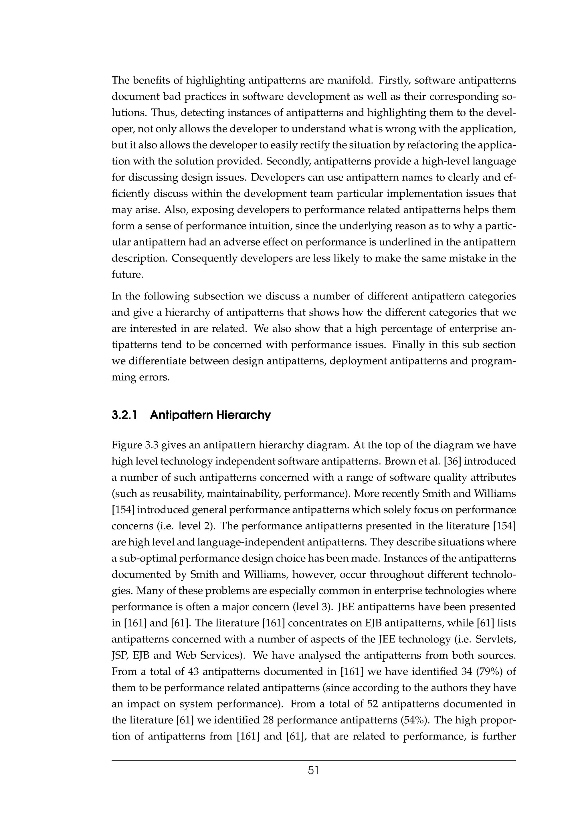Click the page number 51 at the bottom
[313, 771]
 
